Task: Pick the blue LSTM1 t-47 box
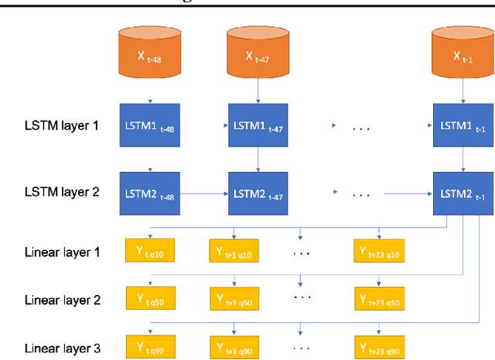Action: [x=258, y=125]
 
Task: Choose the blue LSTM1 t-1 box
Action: [x=463, y=125]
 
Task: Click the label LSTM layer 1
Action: [x=61, y=125]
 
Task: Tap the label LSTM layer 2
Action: [x=61, y=191]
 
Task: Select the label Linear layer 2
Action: [x=62, y=300]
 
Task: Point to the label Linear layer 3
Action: [x=62, y=348]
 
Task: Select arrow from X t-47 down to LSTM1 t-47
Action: [x=258, y=91]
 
